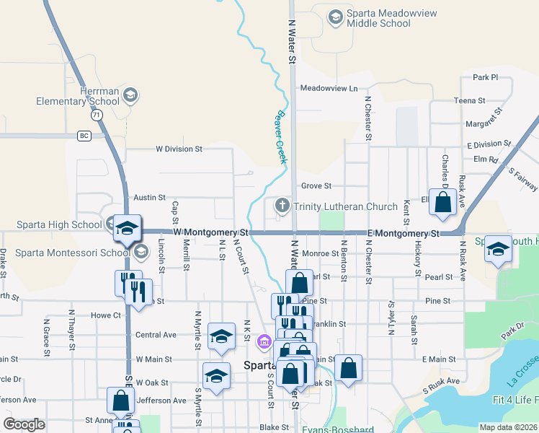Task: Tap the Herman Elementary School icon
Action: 130,94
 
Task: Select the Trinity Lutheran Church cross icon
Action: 282,206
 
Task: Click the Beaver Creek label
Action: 280,137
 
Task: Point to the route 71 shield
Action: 97,115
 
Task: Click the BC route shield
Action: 84,136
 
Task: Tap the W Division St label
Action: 179,149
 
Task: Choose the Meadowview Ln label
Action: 329,88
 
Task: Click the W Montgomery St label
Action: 210,233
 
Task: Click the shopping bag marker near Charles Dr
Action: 442,204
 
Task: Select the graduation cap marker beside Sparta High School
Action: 128,229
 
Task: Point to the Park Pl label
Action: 486,77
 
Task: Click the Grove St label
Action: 316,186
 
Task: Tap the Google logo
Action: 24,424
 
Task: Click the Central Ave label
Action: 156,335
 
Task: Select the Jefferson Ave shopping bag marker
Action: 120,401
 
